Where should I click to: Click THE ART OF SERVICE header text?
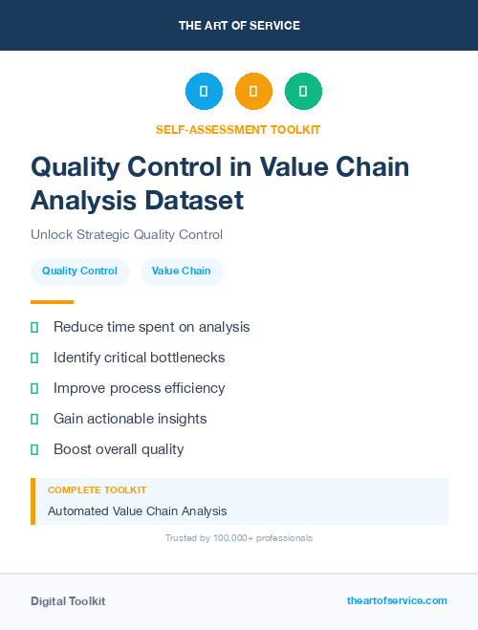coord(239,26)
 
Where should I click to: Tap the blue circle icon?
coord(204,92)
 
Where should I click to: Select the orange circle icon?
coord(253,92)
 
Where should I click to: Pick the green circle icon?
coord(303,92)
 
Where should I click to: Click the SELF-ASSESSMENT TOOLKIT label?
coord(238,129)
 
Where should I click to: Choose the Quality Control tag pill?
coord(79,272)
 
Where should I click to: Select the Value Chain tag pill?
coord(182,272)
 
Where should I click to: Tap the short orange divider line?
coord(52,302)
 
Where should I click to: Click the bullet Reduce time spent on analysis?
coord(151,327)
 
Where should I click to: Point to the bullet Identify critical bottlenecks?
coord(139,358)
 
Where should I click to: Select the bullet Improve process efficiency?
coord(139,388)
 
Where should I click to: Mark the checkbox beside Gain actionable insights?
coord(34,419)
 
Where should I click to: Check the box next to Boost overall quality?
coord(34,449)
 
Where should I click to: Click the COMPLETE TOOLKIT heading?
coord(97,490)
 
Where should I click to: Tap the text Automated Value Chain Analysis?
coord(137,511)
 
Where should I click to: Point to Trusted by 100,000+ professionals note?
coord(238,538)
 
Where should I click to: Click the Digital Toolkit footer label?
coord(68,601)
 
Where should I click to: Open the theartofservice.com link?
coord(397,600)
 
